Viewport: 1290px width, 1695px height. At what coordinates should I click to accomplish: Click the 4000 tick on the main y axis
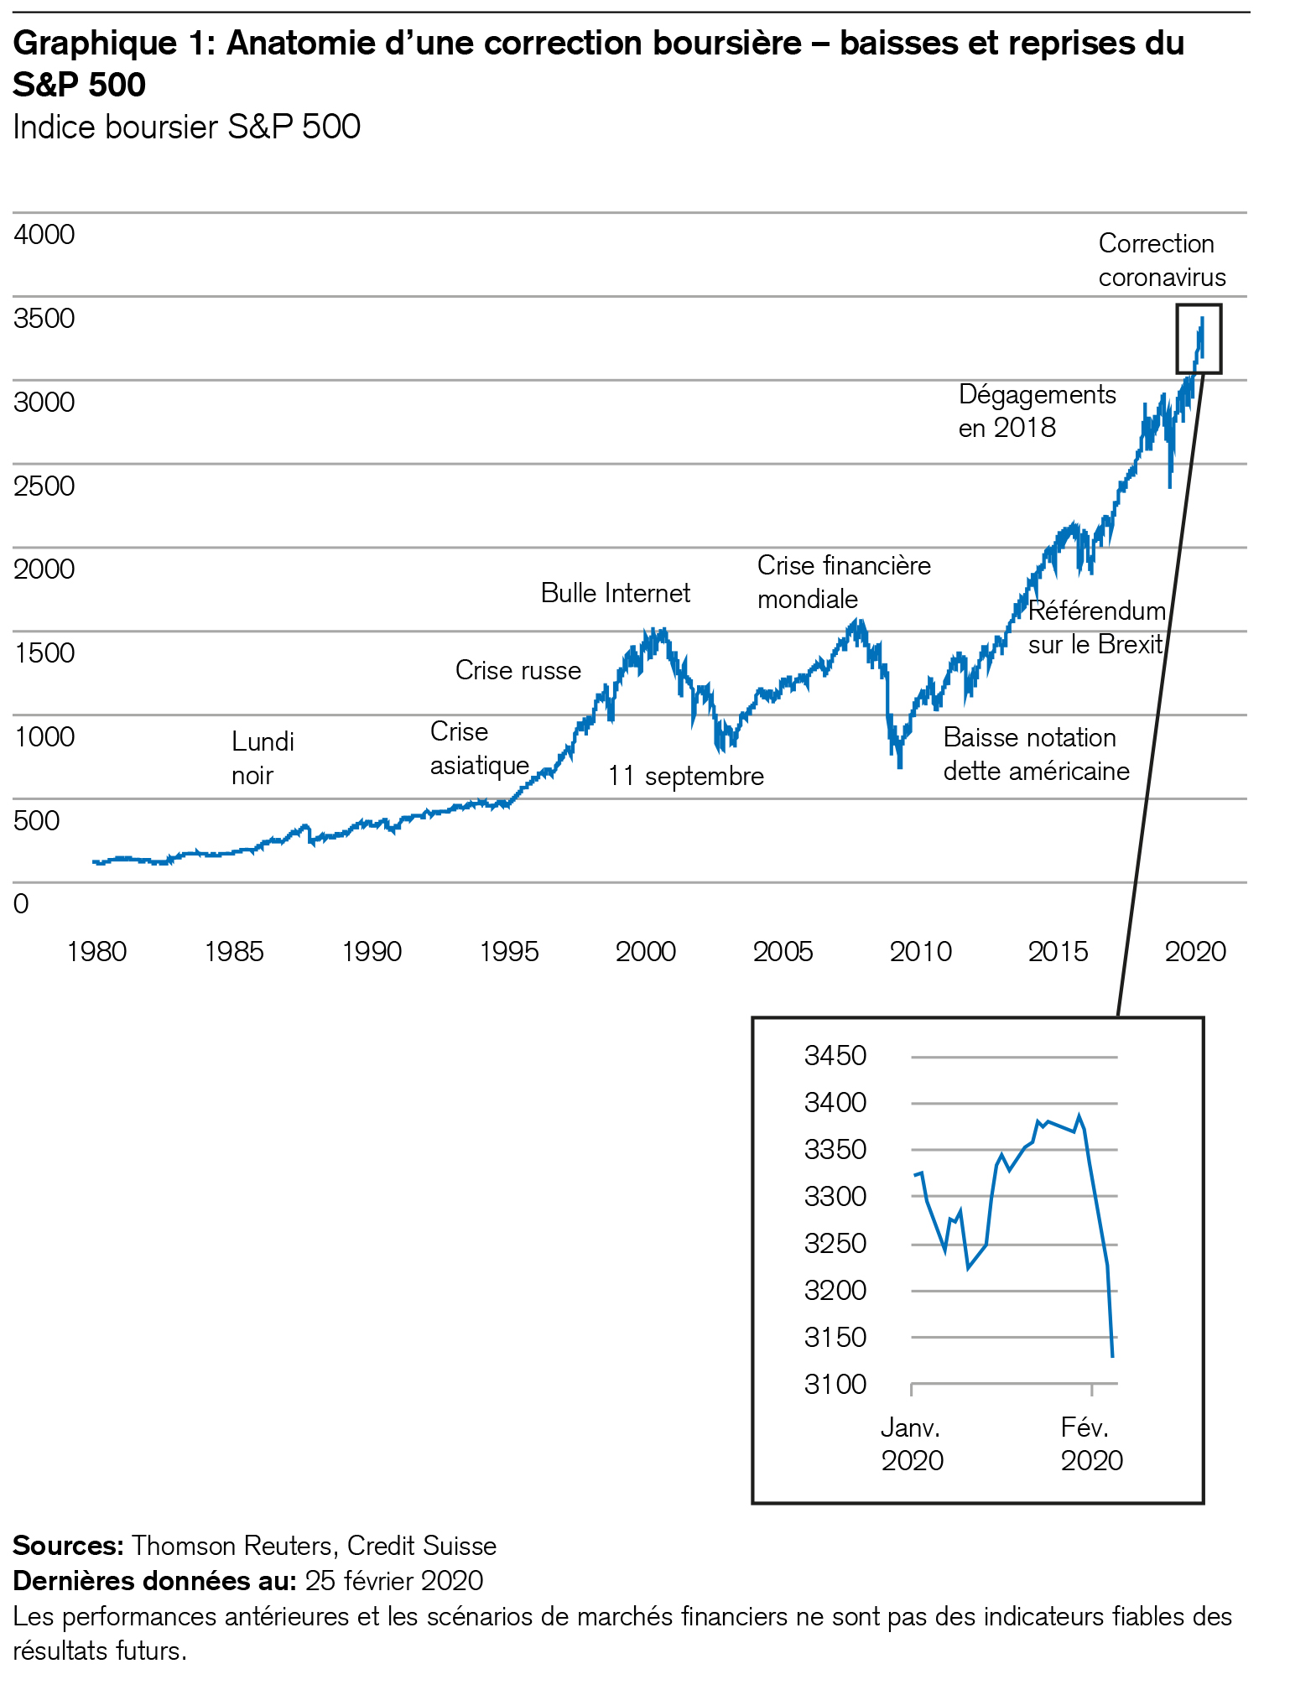(44, 235)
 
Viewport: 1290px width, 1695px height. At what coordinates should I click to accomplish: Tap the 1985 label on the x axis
(234, 952)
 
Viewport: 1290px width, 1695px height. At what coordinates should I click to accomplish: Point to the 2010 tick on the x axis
(920, 952)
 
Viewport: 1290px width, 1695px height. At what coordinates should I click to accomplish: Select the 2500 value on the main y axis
(44, 486)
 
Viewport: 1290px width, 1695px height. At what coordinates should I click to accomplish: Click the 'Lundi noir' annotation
(263, 758)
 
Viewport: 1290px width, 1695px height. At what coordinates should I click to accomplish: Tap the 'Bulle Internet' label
(615, 594)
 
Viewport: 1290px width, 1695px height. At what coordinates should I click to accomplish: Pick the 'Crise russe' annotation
(518, 671)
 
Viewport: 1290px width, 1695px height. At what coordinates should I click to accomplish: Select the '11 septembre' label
(685, 777)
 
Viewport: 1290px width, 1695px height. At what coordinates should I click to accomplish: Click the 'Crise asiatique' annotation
(479, 749)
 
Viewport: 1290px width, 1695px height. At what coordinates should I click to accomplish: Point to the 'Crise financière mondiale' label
(843, 582)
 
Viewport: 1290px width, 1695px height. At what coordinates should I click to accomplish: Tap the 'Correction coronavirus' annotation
(1162, 260)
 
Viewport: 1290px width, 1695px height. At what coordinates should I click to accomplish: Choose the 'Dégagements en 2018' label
(1037, 411)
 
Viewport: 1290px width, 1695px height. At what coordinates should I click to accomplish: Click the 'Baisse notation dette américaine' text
(1036, 754)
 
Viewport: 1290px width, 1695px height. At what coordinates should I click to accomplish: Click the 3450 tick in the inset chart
(835, 1055)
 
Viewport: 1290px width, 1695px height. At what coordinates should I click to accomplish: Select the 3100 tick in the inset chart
(835, 1384)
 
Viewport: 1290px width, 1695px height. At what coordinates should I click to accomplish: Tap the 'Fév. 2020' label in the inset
(1091, 1443)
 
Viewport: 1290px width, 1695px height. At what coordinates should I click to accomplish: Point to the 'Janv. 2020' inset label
(912, 1443)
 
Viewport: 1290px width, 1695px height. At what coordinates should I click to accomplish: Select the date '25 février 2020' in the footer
(394, 1581)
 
